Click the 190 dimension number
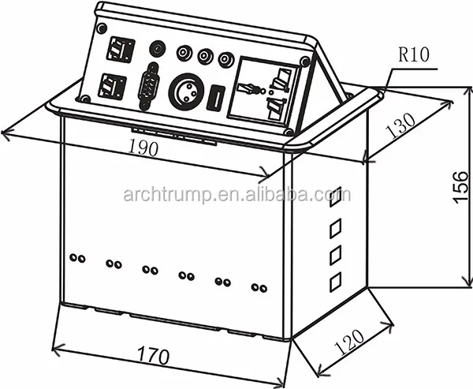[143, 148]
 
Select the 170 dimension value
[153, 356]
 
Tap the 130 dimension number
[400, 125]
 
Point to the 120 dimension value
[349, 342]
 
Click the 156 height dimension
[460, 187]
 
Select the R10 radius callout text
[413, 55]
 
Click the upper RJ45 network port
[121, 50]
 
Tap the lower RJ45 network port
[112, 87]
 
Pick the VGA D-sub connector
[148, 86]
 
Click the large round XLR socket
[186, 92]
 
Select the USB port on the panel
[215, 98]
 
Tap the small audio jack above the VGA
[158, 48]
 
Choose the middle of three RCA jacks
[206, 56]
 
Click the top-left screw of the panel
[102, 28]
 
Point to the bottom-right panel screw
[289, 132]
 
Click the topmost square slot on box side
[336, 196]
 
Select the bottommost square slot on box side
[336, 282]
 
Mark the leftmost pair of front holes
[77, 258]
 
